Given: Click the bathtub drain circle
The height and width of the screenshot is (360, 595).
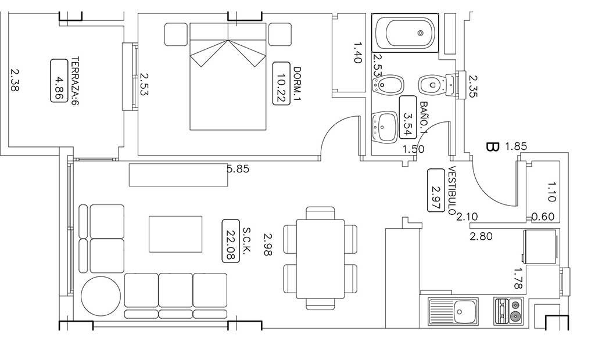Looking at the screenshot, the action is pyautogui.click(x=421, y=33).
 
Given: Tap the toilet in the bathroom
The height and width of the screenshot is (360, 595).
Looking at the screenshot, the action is pyautogui.click(x=437, y=84).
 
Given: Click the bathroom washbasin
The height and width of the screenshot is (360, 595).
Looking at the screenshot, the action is pyautogui.click(x=385, y=127).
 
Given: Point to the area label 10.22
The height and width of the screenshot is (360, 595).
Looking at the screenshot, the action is pyautogui.click(x=281, y=83).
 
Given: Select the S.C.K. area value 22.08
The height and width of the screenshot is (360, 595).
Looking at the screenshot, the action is pyautogui.click(x=230, y=240).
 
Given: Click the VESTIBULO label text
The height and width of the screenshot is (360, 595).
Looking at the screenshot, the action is pyautogui.click(x=452, y=190).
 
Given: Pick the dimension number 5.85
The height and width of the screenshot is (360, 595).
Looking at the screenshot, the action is pyautogui.click(x=238, y=169).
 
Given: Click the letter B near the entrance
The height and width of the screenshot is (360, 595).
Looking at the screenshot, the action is pyautogui.click(x=492, y=147).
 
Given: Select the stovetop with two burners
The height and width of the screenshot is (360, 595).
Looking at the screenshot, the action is pyautogui.click(x=509, y=311).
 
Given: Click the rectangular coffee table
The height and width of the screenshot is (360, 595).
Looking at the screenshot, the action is pyautogui.click(x=175, y=234).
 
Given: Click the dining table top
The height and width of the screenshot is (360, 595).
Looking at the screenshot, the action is pyautogui.click(x=320, y=259).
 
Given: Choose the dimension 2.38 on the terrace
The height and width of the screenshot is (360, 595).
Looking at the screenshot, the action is pyautogui.click(x=15, y=80).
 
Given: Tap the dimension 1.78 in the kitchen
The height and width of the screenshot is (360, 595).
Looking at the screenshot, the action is pyautogui.click(x=518, y=278).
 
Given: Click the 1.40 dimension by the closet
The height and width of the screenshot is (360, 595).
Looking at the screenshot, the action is pyautogui.click(x=357, y=52).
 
